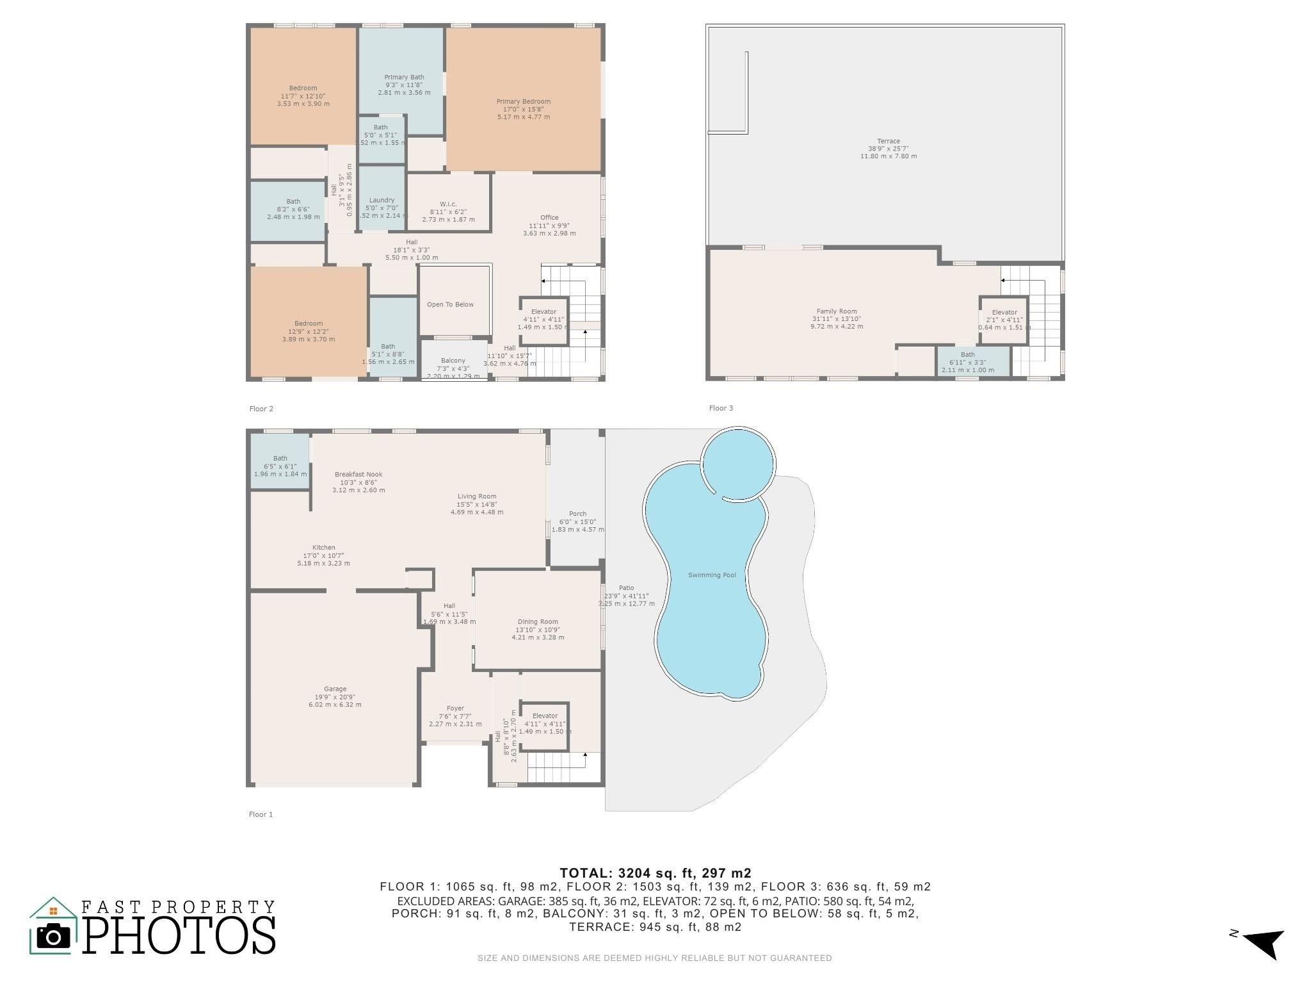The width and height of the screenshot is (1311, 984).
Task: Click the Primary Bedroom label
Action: [523, 101]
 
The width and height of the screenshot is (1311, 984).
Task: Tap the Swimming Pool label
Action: [712, 575]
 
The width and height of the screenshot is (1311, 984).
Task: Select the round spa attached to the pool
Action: [737, 463]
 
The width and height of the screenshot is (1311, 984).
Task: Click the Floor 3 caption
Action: [721, 408]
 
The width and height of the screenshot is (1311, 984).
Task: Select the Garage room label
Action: [335, 689]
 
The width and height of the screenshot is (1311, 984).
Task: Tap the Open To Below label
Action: [450, 304]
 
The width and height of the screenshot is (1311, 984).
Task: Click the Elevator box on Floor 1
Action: [545, 726]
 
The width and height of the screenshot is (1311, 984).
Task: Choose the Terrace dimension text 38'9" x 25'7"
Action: [888, 149]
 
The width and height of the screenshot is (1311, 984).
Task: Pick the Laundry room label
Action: [382, 200]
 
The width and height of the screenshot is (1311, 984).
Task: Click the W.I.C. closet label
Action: [448, 204]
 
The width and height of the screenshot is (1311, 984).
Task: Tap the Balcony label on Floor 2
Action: [453, 361]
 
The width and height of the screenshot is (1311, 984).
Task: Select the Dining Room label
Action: [538, 621]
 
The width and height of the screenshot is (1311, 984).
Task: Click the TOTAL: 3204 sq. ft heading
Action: [655, 873]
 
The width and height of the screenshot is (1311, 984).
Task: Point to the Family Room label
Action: [836, 311]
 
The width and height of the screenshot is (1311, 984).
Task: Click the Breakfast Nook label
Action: [358, 475]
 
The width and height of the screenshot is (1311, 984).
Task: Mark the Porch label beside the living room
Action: [577, 514]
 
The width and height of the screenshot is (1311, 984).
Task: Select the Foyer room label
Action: [455, 709]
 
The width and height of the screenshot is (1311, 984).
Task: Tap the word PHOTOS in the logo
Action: [179, 936]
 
